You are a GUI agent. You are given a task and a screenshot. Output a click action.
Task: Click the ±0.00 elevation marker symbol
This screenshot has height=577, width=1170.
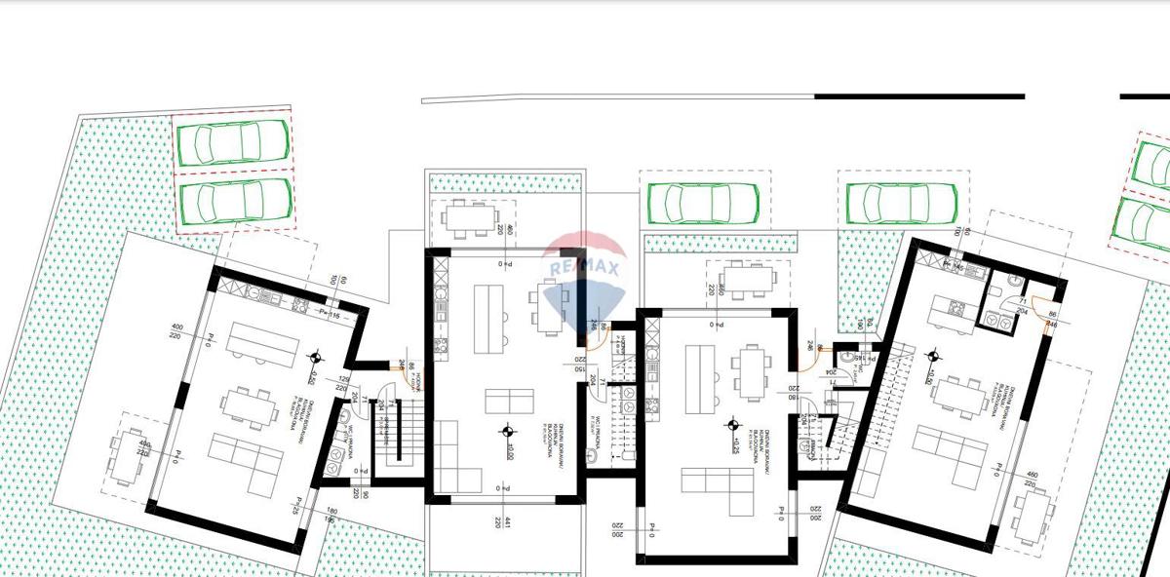pos(507,430)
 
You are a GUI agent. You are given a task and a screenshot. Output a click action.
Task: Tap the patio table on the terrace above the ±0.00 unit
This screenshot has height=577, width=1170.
pos(471,216)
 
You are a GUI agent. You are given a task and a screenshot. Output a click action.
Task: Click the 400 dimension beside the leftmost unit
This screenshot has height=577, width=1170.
pos(176,327)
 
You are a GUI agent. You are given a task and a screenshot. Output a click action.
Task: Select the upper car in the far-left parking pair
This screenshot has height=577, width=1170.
pos(234,143)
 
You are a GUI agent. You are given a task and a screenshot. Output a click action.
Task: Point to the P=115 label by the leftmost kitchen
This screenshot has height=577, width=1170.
pos(329,314)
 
